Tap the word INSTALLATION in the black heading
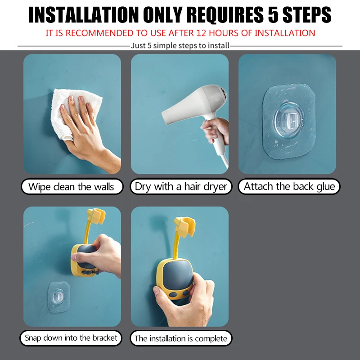click(84, 15)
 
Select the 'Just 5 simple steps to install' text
click(180, 45)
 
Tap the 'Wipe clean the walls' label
click(72, 187)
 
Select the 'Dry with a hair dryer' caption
click(181, 187)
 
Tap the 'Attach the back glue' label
click(289, 187)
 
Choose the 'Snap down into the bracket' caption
click(71, 338)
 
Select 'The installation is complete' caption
click(181, 338)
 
